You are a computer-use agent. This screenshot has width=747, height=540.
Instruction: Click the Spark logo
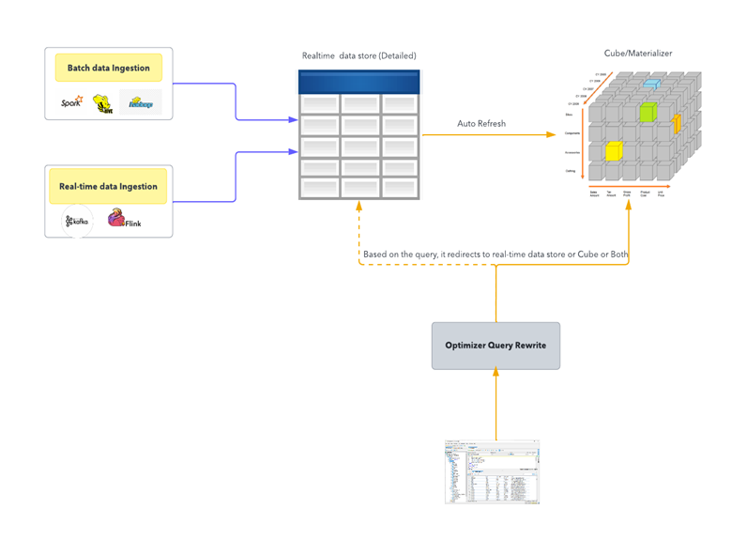71,102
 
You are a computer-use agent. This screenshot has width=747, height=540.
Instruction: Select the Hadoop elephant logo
140,102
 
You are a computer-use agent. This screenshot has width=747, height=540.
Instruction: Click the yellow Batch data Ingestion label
109,69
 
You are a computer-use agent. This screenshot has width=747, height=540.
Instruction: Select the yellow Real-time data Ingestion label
108,186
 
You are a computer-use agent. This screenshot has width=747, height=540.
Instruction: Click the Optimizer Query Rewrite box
495,346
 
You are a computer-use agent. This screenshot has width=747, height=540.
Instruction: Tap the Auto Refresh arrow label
481,123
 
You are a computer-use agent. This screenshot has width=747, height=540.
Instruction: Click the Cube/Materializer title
637,54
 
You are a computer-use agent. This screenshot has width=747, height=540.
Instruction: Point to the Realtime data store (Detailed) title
359,56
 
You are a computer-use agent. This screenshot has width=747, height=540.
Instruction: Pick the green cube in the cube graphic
646,114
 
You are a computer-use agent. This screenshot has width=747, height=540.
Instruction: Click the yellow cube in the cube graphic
613,150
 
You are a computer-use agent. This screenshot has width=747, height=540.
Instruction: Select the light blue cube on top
652,85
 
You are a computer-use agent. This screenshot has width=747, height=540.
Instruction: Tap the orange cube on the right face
676,123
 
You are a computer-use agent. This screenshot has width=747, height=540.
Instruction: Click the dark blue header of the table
358,82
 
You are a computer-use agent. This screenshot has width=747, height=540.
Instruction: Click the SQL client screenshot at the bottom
493,471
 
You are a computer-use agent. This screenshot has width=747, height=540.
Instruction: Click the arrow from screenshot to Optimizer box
495,404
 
